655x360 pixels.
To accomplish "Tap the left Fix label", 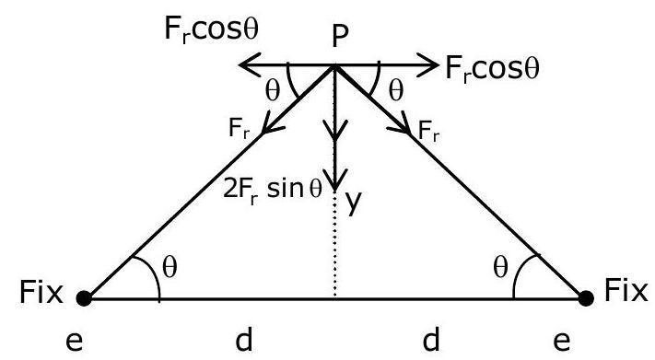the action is [41, 292].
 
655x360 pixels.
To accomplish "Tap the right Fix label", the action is [626, 290].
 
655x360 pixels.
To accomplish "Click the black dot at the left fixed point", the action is [84, 298].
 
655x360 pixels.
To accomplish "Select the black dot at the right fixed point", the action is [586, 298].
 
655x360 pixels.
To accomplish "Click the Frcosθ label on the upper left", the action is [211, 30].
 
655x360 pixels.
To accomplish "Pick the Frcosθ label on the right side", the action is [493, 69].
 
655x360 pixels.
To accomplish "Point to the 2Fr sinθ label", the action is [273, 190].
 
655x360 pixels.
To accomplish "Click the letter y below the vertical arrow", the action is [354, 203].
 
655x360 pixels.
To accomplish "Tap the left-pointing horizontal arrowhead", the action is [250, 65].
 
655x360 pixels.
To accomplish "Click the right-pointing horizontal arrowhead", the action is [427, 65].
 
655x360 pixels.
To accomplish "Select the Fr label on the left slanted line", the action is [240, 129].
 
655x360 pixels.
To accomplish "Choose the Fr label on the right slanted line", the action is [428, 131].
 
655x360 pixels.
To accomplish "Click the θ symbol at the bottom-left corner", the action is [170, 267].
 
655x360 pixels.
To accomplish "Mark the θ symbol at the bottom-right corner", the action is [500, 267].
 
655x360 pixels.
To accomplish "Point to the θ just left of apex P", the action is [273, 91].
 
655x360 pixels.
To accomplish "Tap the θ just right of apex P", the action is [396, 91].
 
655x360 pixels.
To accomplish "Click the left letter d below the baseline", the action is [244, 339].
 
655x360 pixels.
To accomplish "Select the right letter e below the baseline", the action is [562, 342].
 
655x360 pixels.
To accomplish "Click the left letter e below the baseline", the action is [75, 342].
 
